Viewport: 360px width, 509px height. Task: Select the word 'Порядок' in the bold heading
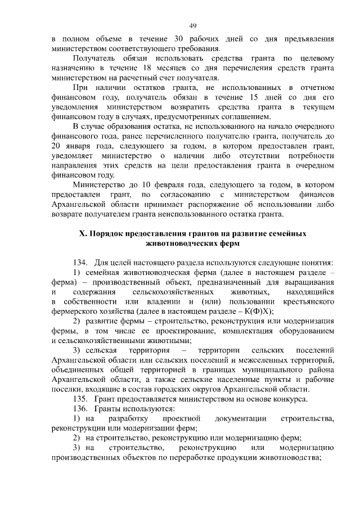coord(111,233)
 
